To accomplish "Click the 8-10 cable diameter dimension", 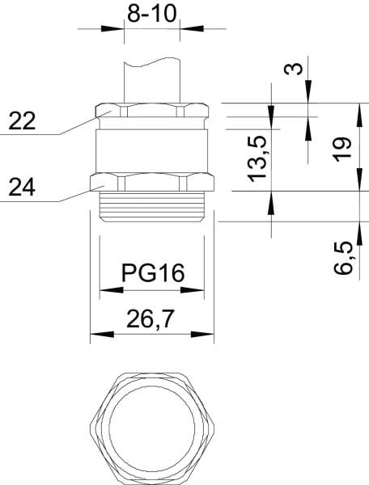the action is pyautogui.click(x=151, y=13).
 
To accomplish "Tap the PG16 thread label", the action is pyautogui.click(x=153, y=273).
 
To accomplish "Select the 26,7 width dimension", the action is pyautogui.click(x=150, y=319).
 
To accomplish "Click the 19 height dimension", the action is pyautogui.click(x=342, y=149).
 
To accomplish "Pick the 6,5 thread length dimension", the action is pyautogui.click(x=343, y=258).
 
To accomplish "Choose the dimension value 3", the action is pyautogui.click(x=293, y=69).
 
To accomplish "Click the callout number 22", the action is pyautogui.click(x=22, y=121).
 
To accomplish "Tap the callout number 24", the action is pyautogui.click(x=22, y=188).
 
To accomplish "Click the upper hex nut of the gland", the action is pyautogui.click(x=151, y=110).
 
